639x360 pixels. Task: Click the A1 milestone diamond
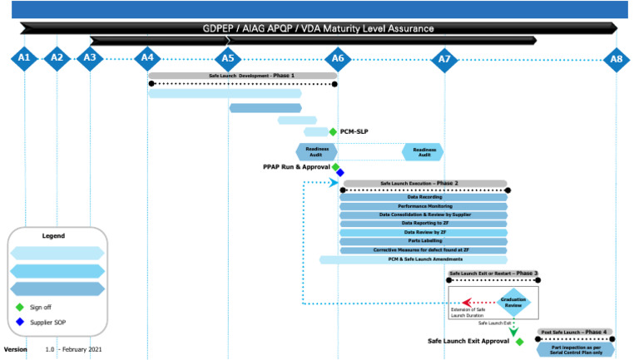(x=24, y=58)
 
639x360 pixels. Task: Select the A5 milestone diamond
(x=227, y=58)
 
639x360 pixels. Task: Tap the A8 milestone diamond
(x=616, y=59)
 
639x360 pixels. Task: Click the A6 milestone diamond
(x=337, y=58)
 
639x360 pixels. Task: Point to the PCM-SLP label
(x=354, y=131)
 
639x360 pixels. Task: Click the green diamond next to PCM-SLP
(x=333, y=131)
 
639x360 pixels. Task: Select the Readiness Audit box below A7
(x=424, y=152)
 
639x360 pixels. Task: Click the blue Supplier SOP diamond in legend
(x=19, y=322)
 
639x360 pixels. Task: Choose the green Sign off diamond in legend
(x=19, y=307)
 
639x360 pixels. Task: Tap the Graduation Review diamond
(x=513, y=302)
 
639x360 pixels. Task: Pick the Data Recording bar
(x=424, y=197)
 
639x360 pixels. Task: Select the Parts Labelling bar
(x=424, y=241)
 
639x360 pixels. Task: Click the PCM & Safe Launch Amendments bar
(x=413, y=259)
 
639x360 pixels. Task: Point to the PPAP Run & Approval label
(x=296, y=167)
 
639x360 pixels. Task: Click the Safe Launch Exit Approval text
(x=468, y=341)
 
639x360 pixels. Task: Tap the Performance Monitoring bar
(x=424, y=205)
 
